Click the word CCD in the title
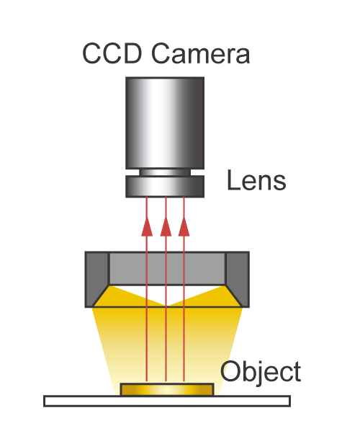coord(112,53)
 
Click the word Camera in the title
coord(201,53)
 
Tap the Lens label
coord(256,180)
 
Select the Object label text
coord(261,372)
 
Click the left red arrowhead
coord(147,226)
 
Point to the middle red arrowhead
coord(166,226)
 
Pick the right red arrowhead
coord(184,226)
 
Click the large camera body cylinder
coord(165,123)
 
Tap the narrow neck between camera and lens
coord(165,172)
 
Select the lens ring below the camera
coord(165,186)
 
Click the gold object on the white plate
coord(167,390)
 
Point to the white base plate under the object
coord(167,401)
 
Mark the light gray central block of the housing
coord(167,268)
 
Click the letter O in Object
coord(230,371)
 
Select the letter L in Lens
coord(233,180)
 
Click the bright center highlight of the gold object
coord(167,390)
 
